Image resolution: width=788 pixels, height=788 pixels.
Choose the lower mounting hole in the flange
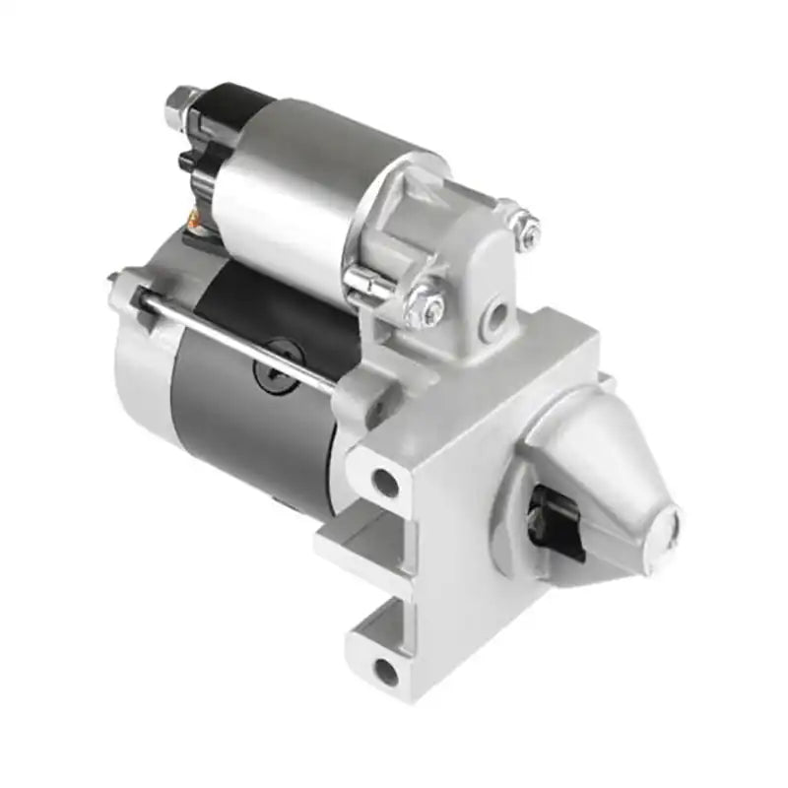coord(386,672)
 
